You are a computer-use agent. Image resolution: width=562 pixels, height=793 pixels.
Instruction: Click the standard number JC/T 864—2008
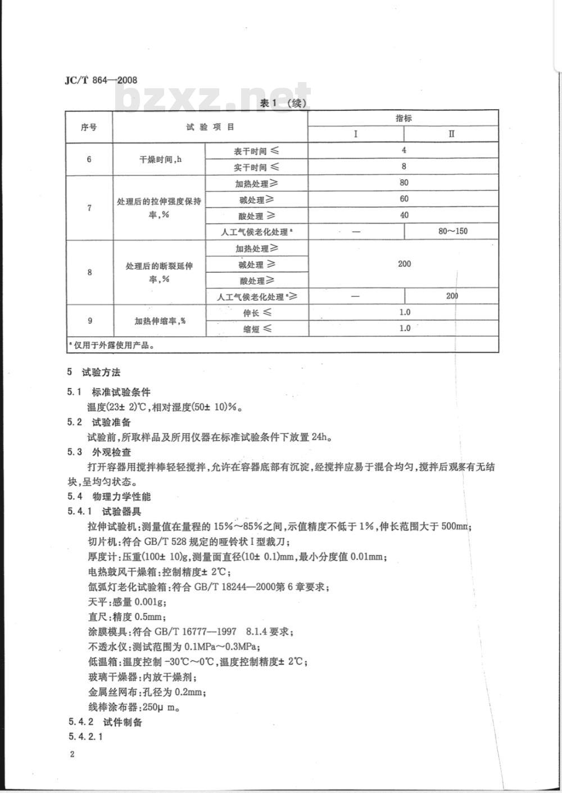point(101,81)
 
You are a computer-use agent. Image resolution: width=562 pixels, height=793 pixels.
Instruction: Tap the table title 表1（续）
point(283,103)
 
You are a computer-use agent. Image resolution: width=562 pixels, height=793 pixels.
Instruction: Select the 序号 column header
point(89,127)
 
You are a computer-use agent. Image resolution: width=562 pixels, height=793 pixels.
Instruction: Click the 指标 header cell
point(404,118)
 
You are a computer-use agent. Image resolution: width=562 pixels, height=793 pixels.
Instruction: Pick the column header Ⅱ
point(451,134)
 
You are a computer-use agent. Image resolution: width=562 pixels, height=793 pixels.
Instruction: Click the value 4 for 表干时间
point(404,150)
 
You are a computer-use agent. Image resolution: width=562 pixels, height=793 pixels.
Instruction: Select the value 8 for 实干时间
point(404,166)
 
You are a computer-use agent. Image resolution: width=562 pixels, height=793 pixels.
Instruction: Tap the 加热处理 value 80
point(404,183)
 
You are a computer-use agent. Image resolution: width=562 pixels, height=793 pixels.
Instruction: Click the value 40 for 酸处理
point(404,215)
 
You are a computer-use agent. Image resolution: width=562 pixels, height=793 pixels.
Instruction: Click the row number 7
point(89,208)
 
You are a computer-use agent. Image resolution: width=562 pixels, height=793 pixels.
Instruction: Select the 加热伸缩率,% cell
point(160,321)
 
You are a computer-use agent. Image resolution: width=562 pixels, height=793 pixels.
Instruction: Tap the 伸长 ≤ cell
point(257,313)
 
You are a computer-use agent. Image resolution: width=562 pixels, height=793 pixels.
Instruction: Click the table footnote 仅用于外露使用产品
point(112,345)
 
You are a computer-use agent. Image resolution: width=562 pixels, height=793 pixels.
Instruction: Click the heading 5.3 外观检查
point(109,452)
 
